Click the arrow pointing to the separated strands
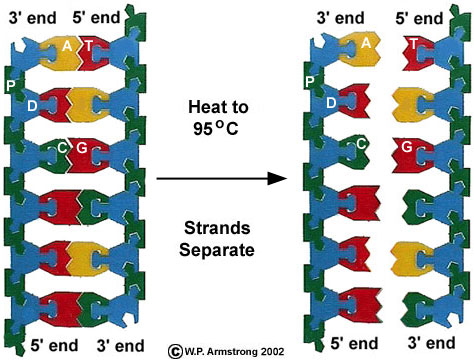click(x=215, y=180)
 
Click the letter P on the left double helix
click(x=10, y=85)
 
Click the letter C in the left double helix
click(x=62, y=147)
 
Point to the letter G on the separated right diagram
click(x=407, y=147)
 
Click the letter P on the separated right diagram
click(x=309, y=83)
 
